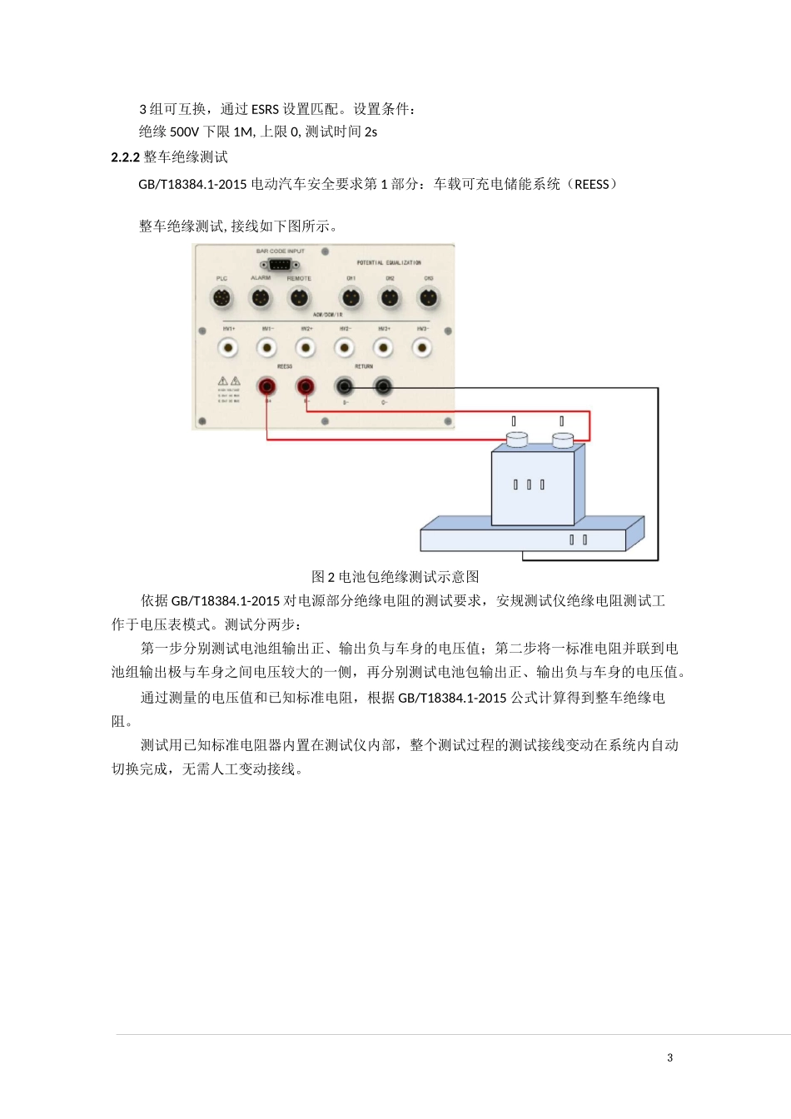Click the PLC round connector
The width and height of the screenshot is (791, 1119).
pyautogui.click(x=221, y=297)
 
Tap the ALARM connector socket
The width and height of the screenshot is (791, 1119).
pyautogui.click(x=261, y=297)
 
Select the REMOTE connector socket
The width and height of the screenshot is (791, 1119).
pyautogui.click(x=299, y=297)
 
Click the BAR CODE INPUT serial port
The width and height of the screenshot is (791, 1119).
pyautogui.click(x=279, y=265)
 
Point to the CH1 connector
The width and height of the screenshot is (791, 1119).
pyautogui.click(x=351, y=297)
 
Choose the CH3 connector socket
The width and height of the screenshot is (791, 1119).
pyautogui.click(x=428, y=297)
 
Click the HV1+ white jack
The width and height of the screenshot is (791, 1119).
pyautogui.click(x=228, y=347)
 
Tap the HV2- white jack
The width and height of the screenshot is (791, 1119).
pyautogui.click(x=344, y=347)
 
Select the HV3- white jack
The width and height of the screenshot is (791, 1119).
pyautogui.click(x=422, y=347)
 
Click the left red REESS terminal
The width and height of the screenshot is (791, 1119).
pyautogui.click(x=267, y=386)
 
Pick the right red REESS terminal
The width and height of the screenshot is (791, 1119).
pyautogui.click(x=306, y=386)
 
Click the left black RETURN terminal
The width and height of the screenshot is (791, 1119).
pyautogui.click(x=344, y=386)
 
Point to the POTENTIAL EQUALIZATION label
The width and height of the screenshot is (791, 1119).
pyautogui.click(x=389, y=262)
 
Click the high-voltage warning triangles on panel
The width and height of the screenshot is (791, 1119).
pyautogui.click(x=229, y=381)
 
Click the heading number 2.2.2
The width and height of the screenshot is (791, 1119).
pyautogui.click(x=125, y=157)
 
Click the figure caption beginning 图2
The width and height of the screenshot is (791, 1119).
pyautogui.click(x=395, y=577)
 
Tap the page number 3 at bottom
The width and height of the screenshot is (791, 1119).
pyautogui.click(x=670, y=1058)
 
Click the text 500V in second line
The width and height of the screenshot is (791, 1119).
pyautogui.click(x=185, y=132)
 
